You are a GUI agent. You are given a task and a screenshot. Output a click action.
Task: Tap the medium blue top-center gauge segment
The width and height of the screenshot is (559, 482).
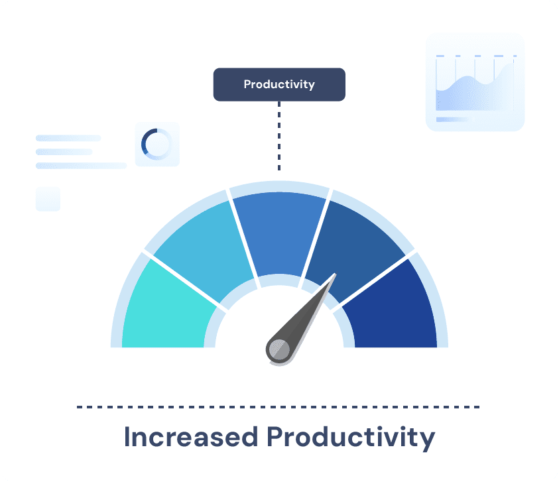tap(280, 232)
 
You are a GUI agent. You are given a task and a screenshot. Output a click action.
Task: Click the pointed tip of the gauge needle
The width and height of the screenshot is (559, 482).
tap(336, 274)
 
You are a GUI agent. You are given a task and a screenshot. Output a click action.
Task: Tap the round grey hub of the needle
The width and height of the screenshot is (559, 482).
tap(279, 349)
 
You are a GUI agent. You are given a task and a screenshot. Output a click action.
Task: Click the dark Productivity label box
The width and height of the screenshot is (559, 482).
tap(279, 84)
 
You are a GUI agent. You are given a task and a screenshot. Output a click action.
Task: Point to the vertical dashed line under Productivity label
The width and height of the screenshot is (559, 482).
tap(279, 136)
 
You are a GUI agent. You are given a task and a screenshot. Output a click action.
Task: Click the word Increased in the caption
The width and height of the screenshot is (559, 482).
tap(191, 437)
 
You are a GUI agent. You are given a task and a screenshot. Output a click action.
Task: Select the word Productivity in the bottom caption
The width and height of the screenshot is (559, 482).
tap(351, 438)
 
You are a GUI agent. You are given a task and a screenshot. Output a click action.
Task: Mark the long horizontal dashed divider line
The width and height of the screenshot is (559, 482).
tap(278, 407)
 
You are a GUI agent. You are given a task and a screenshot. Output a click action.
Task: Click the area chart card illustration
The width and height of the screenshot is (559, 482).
tap(475, 82)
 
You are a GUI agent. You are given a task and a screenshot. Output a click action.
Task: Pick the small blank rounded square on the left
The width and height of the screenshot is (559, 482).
tap(48, 199)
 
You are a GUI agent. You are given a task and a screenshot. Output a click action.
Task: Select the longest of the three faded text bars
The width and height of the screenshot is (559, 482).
tap(82, 166)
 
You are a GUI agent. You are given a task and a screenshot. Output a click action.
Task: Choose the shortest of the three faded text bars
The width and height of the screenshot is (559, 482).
tap(64, 152)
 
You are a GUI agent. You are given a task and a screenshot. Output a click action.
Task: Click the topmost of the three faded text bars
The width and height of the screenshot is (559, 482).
tap(68, 138)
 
